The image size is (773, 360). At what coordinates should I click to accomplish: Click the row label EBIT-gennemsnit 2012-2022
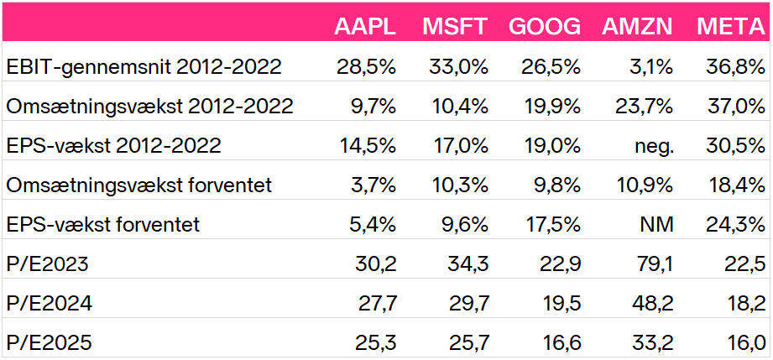pyautogui.click(x=144, y=67)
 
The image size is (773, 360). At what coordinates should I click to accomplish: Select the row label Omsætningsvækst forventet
pyautogui.click(x=139, y=185)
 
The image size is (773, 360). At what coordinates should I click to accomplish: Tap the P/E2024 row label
pyautogui.click(x=49, y=304)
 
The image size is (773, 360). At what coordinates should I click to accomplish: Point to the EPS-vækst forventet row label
pyautogui.click(x=103, y=225)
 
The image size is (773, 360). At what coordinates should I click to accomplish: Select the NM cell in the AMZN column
pyautogui.click(x=658, y=225)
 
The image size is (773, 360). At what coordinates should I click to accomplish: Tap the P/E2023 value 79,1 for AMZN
pyautogui.click(x=654, y=264)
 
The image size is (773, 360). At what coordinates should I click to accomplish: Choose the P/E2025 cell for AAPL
pyautogui.click(x=376, y=343)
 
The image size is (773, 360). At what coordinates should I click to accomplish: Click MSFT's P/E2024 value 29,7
pyautogui.click(x=469, y=304)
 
